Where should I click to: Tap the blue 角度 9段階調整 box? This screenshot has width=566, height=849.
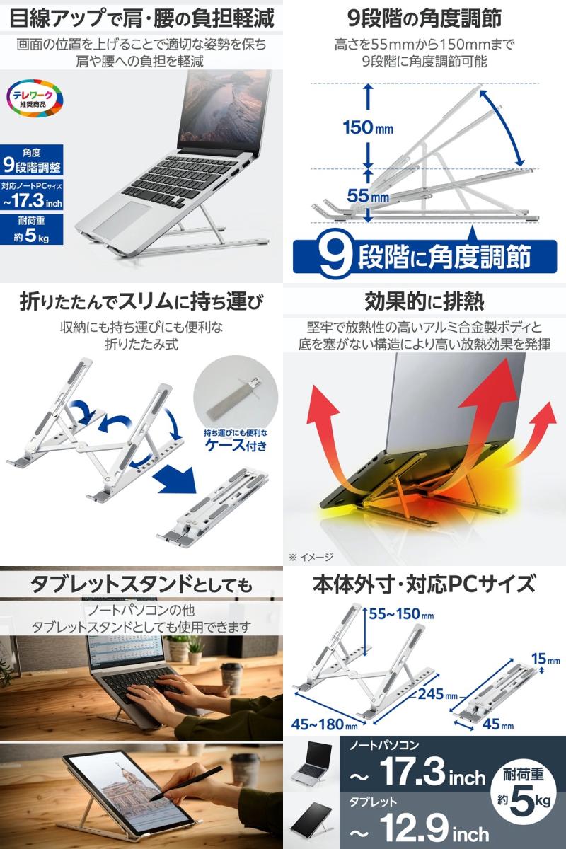click(x=33, y=161)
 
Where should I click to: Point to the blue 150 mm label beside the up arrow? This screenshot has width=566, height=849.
click(x=368, y=128)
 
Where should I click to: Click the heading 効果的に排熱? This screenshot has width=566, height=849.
click(x=424, y=302)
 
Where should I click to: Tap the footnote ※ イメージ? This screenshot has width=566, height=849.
click(x=311, y=557)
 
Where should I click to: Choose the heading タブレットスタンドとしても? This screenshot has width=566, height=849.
click(x=140, y=585)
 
